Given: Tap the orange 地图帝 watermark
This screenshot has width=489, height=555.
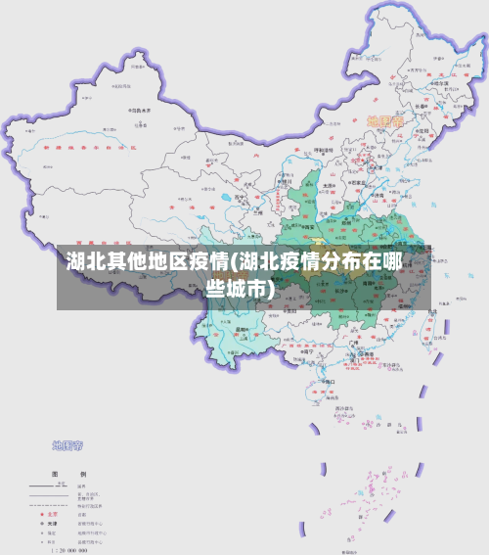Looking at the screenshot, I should [x=384, y=121].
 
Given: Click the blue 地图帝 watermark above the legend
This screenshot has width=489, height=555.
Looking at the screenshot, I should [x=67, y=445].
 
